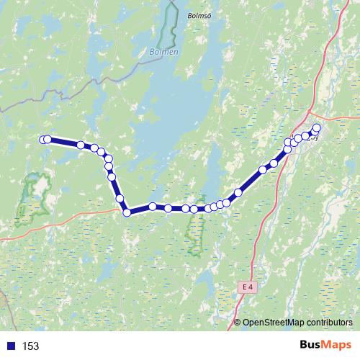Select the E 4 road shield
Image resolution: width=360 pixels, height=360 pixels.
(x=247, y=287)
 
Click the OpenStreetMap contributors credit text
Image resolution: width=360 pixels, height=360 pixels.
(x=297, y=323)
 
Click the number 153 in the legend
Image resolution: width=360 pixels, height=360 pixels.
(x=30, y=346)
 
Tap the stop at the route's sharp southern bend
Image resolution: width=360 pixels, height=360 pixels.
(x=127, y=212)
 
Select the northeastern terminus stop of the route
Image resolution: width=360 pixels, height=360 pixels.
(x=316, y=128)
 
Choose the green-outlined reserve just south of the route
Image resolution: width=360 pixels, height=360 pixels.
(x=196, y=234)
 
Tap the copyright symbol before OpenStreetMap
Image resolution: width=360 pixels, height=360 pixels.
(x=238, y=323)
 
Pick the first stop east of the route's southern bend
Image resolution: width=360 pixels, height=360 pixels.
(x=153, y=207)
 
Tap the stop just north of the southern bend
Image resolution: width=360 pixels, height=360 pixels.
(x=120, y=199)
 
